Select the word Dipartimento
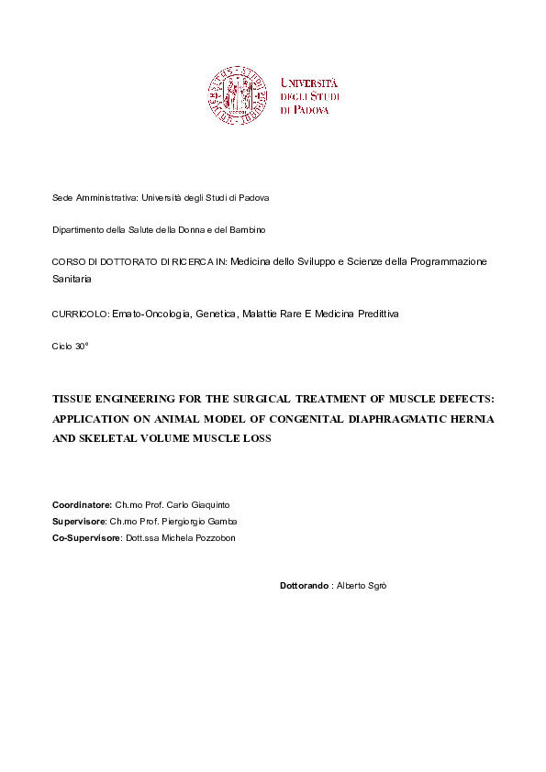[x=80, y=229]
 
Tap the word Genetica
[x=214, y=314]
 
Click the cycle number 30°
[x=82, y=346]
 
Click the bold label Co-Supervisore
[x=86, y=538]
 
